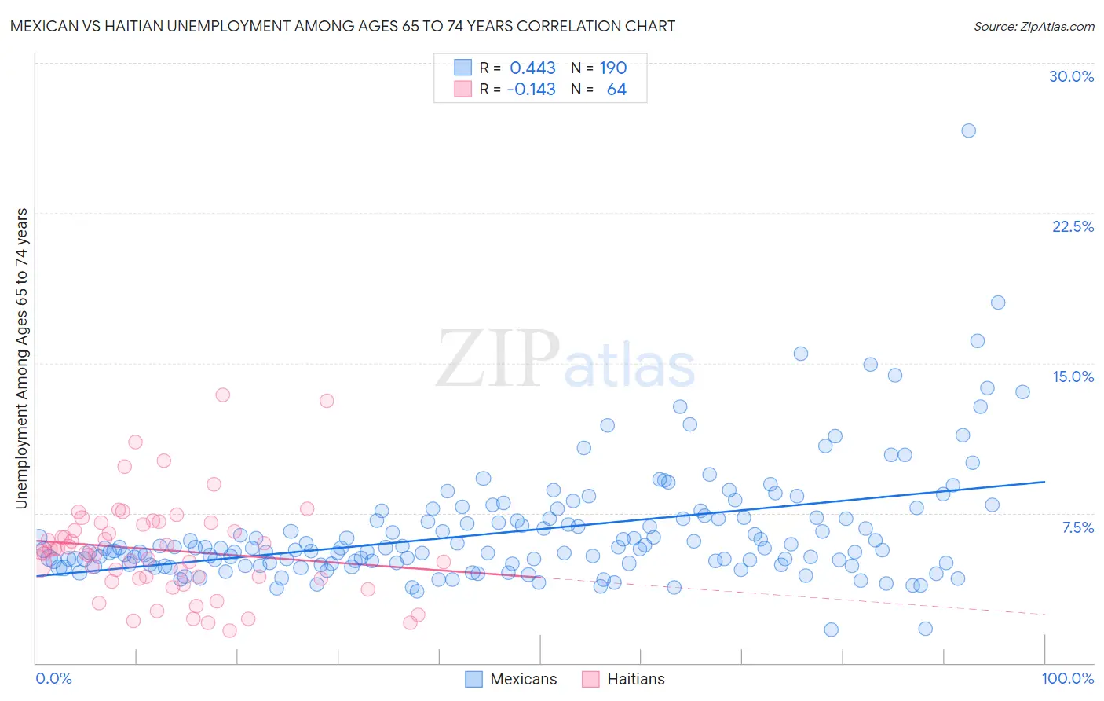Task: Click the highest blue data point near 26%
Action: pos(968,130)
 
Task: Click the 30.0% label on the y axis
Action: pos(1071,76)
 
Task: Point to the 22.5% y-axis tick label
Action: pos(1073,226)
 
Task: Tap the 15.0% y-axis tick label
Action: pos(1073,376)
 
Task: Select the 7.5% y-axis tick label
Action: pos(1077,527)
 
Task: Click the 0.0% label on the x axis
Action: pos(54,678)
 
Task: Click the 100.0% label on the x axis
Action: pos(1067,678)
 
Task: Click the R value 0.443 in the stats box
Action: pos(532,68)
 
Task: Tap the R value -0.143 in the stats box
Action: pos(531,89)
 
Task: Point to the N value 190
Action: pos(612,68)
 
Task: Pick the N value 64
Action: pos(616,89)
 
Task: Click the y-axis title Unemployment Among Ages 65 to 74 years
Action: pos(21,358)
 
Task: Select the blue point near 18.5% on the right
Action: pos(997,303)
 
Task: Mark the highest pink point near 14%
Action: pos(222,395)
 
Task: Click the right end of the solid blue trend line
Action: pos(1044,481)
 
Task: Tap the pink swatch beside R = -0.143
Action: pos(462,89)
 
